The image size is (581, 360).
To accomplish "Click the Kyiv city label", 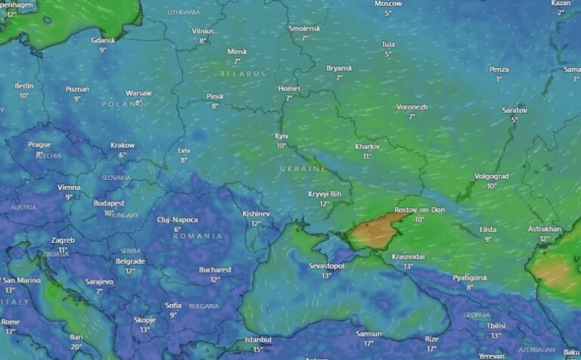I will tap(281, 135).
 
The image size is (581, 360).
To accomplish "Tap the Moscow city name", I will tap(388, 4).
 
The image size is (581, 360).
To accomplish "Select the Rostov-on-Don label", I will tap(419, 209).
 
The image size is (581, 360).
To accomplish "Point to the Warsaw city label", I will tap(138, 93).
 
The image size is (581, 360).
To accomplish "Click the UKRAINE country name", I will tap(303, 168).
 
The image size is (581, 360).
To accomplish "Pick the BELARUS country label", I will tap(244, 74).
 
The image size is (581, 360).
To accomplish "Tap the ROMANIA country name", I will tap(197, 236).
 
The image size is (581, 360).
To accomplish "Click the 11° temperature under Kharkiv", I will tap(367, 156).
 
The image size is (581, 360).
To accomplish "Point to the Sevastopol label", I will tap(326, 266).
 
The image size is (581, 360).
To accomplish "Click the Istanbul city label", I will tap(258, 340).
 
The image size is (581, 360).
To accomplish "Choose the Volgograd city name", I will tap(491, 176).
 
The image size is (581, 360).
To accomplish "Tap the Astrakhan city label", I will tap(545, 228).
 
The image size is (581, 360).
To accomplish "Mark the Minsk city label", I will tap(237, 51).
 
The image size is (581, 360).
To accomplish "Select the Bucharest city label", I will tap(216, 269).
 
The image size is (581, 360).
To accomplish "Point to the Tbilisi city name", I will tap(496, 326).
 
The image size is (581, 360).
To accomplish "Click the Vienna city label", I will tap(69, 188).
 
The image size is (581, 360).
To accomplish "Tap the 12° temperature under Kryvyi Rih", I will tap(324, 204).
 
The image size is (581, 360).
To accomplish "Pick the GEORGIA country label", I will tap(477, 315).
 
